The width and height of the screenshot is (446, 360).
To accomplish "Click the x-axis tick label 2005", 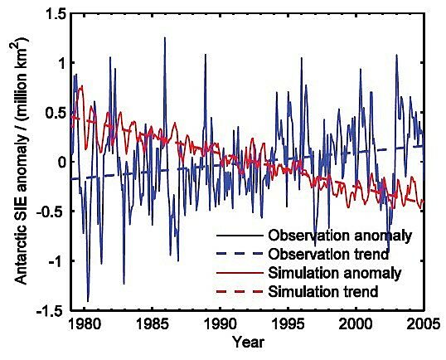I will pyautogui.click(x=419, y=324).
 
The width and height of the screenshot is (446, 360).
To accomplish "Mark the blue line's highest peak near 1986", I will pyautogui.click(x=164, y=37).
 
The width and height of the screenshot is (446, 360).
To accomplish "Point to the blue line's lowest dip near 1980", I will pyautogui.click(x=88, y=300).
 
